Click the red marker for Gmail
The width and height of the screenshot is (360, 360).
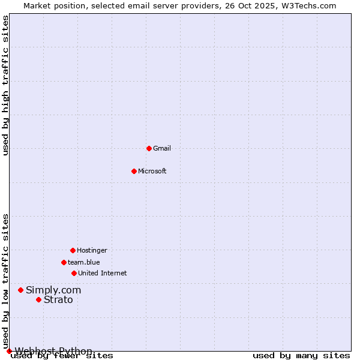(x=149, y=148)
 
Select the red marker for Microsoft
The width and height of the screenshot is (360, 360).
(x=134, y=171)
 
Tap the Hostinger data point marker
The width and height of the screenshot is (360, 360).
(x=73, y=250)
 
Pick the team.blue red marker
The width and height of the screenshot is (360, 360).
(x=64, y=262)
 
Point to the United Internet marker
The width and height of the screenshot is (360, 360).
(x=74, y=273)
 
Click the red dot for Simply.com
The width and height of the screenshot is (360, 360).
(x=20, y=290)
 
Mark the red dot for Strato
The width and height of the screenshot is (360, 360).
(x=38, y=299)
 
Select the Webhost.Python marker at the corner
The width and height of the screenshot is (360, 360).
(x=9, y=351)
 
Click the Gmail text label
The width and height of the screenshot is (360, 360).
(x=162, y=148)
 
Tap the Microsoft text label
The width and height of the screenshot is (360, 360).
(x=152, y=171)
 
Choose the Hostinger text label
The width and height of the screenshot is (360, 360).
(x=92, y=250)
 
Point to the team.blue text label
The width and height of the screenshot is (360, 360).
(x=84, y=262)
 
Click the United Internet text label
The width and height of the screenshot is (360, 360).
(x=102, y=273)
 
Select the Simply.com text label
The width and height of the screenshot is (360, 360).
(x=53, y=290)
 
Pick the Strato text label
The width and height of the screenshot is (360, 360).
(x=58, y=299)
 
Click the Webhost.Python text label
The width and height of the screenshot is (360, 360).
(x=53, y=351)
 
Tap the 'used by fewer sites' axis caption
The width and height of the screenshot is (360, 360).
(x=62, y=356)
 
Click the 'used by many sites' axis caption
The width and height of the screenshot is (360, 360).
(x=301, y=356)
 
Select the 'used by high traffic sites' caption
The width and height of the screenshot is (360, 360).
(x=6, y=85)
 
